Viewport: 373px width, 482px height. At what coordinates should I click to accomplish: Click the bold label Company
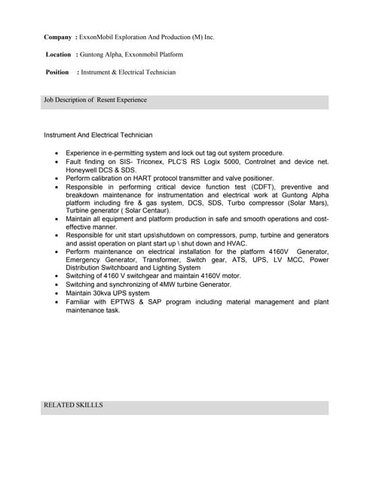tap(58, 36)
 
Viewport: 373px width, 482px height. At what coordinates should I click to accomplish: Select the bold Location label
tap(58, 54)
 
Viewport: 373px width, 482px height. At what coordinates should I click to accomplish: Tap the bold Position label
tap(57, 72)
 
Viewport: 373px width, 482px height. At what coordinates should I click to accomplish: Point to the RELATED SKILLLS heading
tap(73, 405)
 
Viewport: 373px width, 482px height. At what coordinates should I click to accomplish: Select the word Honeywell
tap(82, 169)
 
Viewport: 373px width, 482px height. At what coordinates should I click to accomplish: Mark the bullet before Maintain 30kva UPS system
tap(57, 293)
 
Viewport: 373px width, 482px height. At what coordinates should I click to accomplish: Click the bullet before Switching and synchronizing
tap(57, 285)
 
